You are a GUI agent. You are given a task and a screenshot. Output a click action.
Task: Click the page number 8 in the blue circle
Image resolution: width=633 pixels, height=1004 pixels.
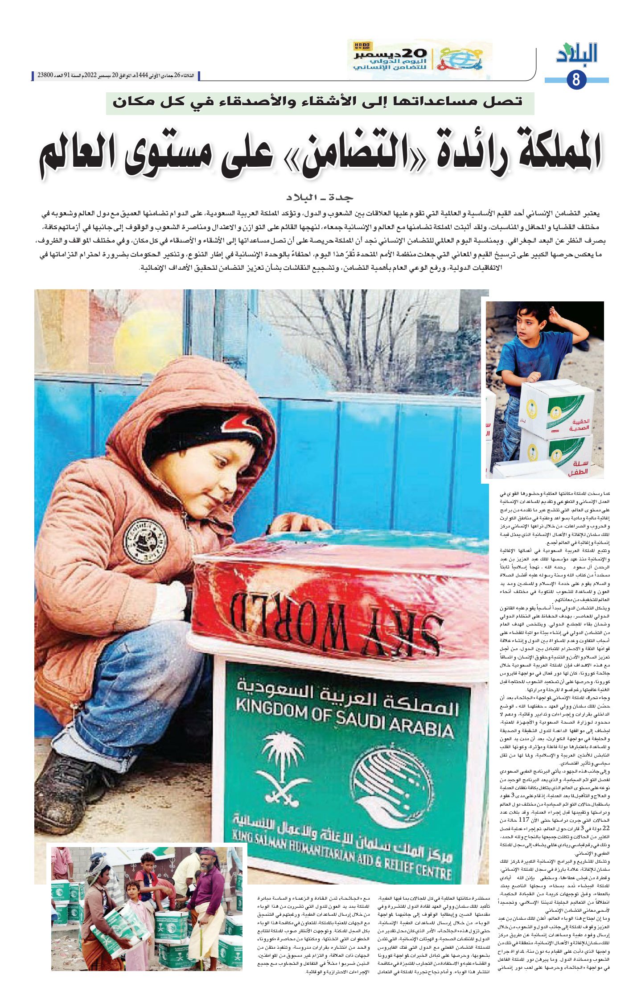pyautogui.click(x=576, y=80)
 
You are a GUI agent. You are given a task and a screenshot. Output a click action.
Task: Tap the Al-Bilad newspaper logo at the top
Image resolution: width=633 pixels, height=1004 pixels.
pyautogui.click(x=577, y=53)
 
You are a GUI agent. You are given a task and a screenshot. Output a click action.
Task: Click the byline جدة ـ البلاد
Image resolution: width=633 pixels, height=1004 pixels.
pyautogui.click(x=320, y=197)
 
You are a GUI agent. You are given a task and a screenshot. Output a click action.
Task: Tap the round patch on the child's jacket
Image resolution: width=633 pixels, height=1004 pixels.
pyautogui.click(x=145, y=540)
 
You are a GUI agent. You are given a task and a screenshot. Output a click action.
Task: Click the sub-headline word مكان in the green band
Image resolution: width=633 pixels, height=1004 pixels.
pyautogui.click(x=134, y=101)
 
